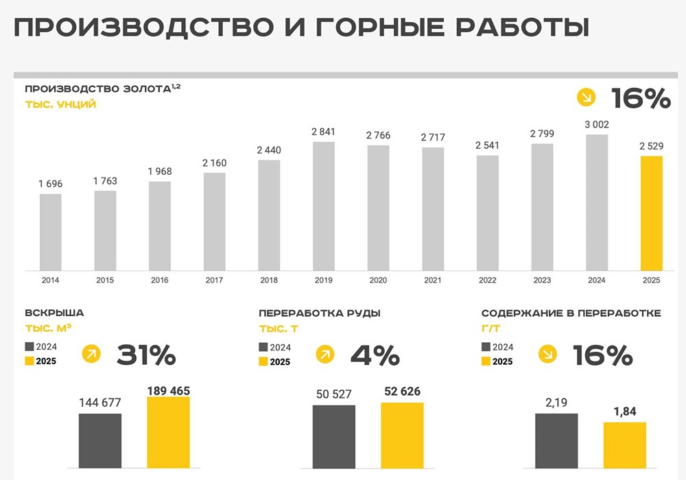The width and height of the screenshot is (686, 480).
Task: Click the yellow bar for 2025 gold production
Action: (651, 213)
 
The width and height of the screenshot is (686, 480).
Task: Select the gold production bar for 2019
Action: (324, 206)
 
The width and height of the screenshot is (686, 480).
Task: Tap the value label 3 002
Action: (597, 124)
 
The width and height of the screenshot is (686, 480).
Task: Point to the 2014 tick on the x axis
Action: (50, 280)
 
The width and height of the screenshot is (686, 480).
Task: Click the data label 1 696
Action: (50, 184)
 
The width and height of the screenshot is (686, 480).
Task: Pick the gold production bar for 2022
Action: (488, 213)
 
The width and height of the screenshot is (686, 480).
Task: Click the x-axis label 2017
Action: (215, 280)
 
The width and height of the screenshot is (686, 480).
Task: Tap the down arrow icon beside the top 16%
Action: (586, 99)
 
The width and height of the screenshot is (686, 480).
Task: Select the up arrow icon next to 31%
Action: (91, 355)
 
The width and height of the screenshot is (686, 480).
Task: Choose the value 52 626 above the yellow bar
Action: (402, 392)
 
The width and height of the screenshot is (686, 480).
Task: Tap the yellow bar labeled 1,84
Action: (625, 450)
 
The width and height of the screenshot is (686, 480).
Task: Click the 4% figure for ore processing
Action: (375, 355)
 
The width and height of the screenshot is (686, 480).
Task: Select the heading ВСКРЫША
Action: (54, 313)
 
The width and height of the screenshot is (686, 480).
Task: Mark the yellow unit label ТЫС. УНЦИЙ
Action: (60, 105)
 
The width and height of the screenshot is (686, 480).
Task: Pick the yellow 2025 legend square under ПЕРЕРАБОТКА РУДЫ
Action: (264, 362)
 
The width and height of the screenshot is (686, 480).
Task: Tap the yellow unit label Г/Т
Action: (491, 329)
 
